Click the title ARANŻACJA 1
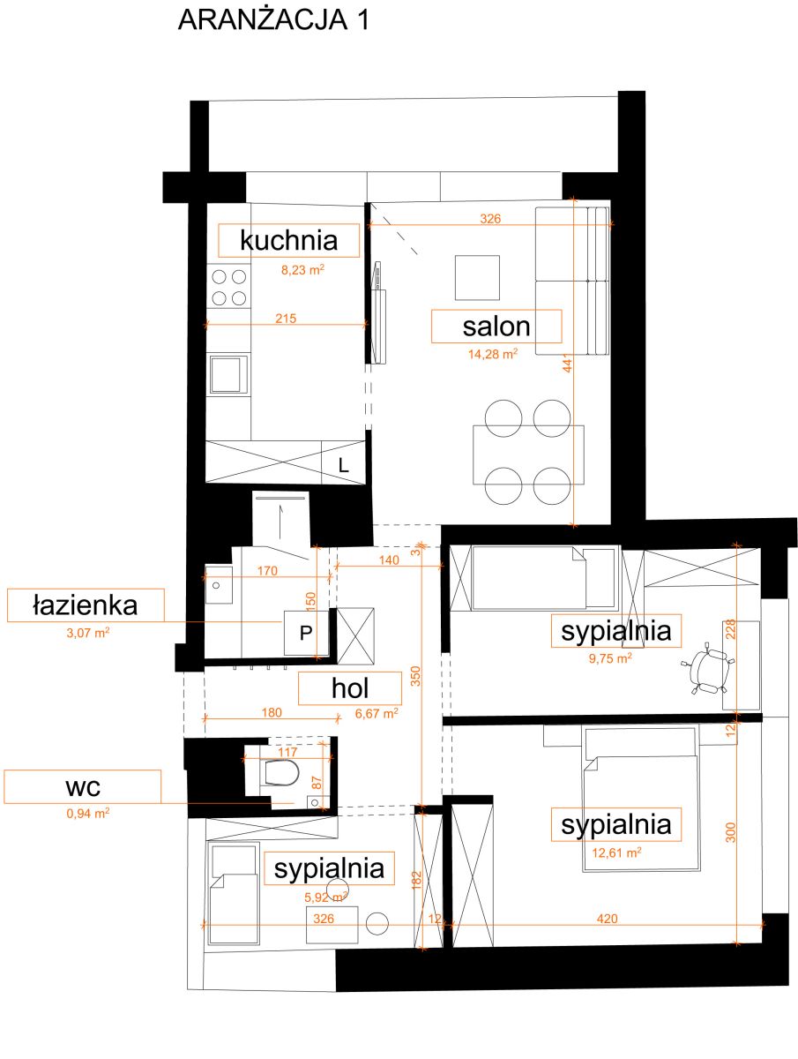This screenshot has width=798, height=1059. [x=273, y=20]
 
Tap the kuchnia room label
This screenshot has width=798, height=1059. [x=288, y=240]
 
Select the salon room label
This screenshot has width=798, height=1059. [x=496, y=327]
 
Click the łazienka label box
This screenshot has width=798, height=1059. [x=86, y=605]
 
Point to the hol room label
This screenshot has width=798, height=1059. [x=350, y=688]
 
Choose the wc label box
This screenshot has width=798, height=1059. [x=82, y=786]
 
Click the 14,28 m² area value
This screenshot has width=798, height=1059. [x=493, y=354]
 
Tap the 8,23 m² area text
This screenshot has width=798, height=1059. [x=302, y=269]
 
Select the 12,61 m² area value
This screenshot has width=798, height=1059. [x=616, y=852]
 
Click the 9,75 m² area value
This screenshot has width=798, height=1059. [x=610, y=658]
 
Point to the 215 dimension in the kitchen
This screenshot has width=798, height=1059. [x=286, y=319]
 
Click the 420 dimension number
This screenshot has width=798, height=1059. [x=608, y=919]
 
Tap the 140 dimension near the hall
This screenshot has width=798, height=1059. [x=389, y=560]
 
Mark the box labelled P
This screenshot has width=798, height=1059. [x=306, y=633]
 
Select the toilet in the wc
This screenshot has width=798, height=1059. [x=281, y=772]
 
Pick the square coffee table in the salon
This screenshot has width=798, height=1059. [x=477, y=277]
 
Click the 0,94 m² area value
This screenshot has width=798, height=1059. [x=87, y=813]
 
